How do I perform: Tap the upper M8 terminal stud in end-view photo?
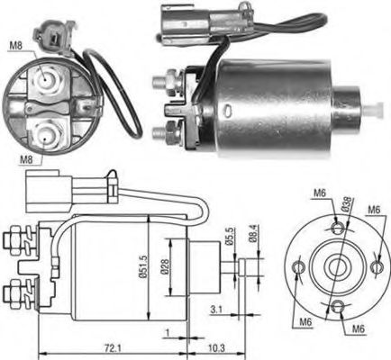[x=46, y=82]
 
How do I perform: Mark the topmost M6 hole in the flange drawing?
[x=335, y=229]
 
